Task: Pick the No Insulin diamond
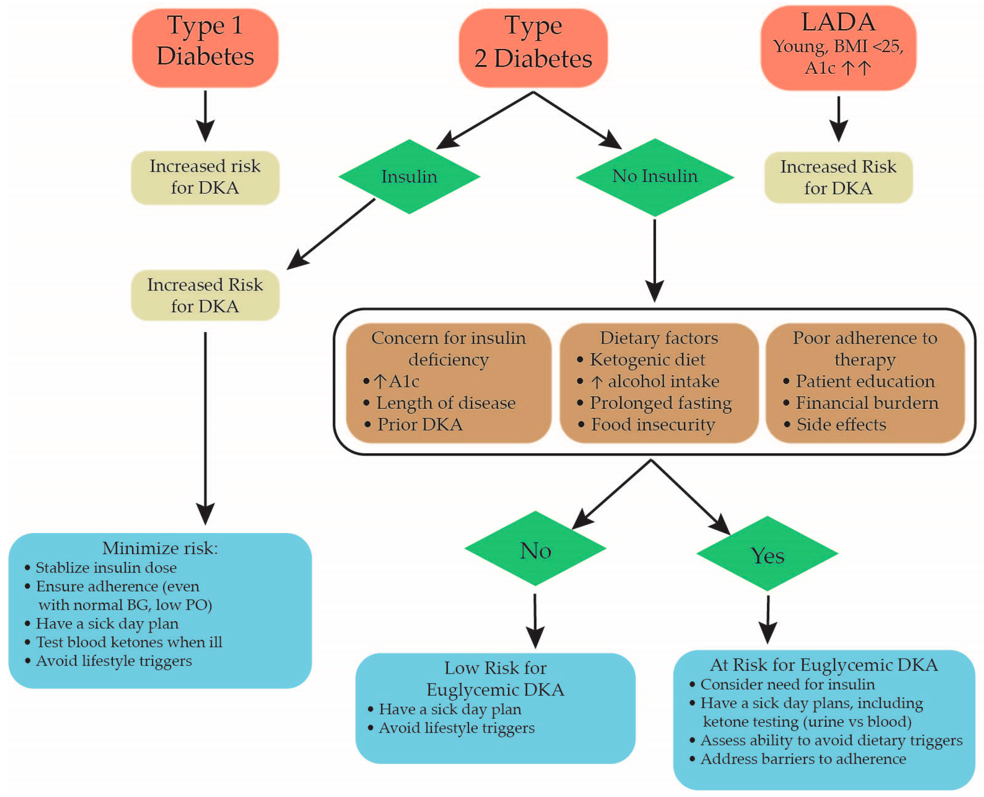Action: [655, 177]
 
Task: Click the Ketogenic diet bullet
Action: [647, 359]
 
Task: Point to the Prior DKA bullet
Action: [419, 424]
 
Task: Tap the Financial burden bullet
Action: [866, 403]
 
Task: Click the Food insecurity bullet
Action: [652, 424]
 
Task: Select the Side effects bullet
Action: [841, 424]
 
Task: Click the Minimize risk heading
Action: [160, 548]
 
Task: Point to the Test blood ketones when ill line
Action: [129, 642]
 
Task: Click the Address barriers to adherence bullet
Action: [803, 758]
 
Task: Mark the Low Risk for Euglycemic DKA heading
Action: [495, 678]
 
